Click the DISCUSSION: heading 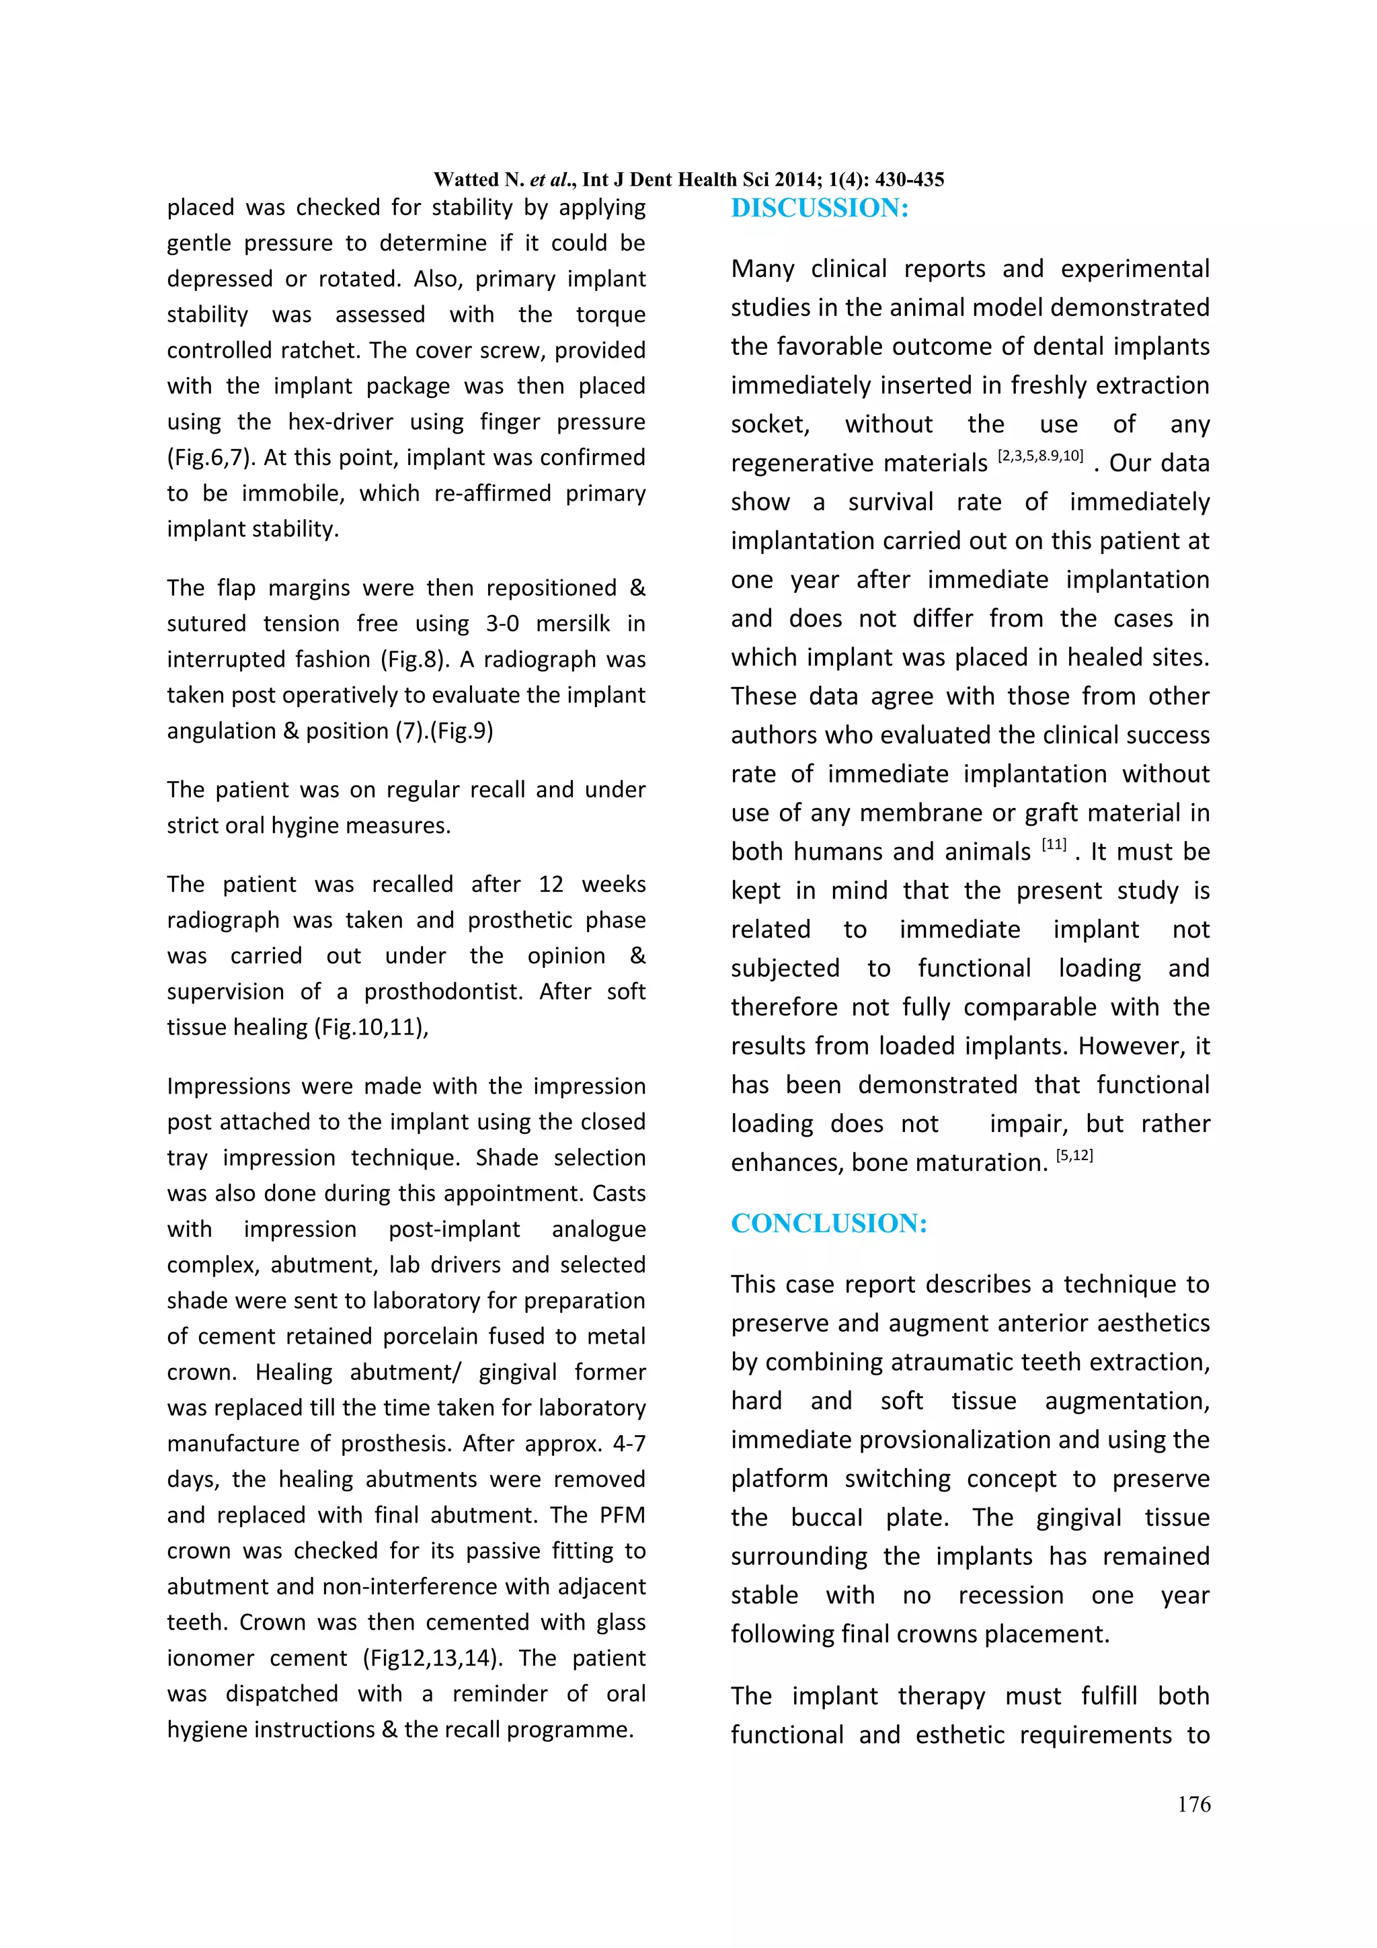pyautogui.click(x=820, y=208)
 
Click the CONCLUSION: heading pyautogui.click(x=829, y=1223)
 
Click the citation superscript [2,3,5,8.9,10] pyautogui.click(x=1040, y=456)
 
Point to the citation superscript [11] pyautogui.click(x=1054, y=845)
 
